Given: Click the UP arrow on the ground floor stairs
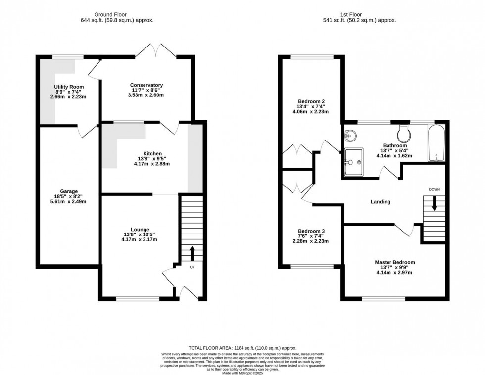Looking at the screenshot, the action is pyautogui.click(x=192, y=253).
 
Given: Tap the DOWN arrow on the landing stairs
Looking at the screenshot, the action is pyautogui.click(x=435, y=203).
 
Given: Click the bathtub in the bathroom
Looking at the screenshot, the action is pyautogui.click(x=436, y=142).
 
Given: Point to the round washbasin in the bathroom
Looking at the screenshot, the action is pyautogui.click(x=350, y=135).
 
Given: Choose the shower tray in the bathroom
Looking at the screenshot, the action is pyautogui.click(x=354, y=162).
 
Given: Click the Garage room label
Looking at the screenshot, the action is pyautogui.click(x=69, y=191).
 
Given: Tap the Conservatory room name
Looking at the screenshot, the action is pyautogui.click(x=146, y=85).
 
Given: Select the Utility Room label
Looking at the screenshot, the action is pyautogui.click(x=69, y=87).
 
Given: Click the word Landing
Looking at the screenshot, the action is pyautogui.click(x=381, y=202).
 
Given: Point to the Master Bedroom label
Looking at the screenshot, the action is pyautogui.click(x=395, y=262).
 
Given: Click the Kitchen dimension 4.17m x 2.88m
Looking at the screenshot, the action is pyautogui.click(x=152, y=164).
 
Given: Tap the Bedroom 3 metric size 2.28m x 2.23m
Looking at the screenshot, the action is pyautogui.click(x=311, y=241).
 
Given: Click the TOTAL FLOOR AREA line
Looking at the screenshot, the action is pyautogui.click(x=242, y=348).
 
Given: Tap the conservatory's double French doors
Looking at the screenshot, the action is pyautogui.click(x=156, y=50).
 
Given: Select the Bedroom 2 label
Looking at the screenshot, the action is pyautogui.click(x=311, y=101).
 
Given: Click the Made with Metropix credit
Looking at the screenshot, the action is pyautogui.click(x=242, y=373).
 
